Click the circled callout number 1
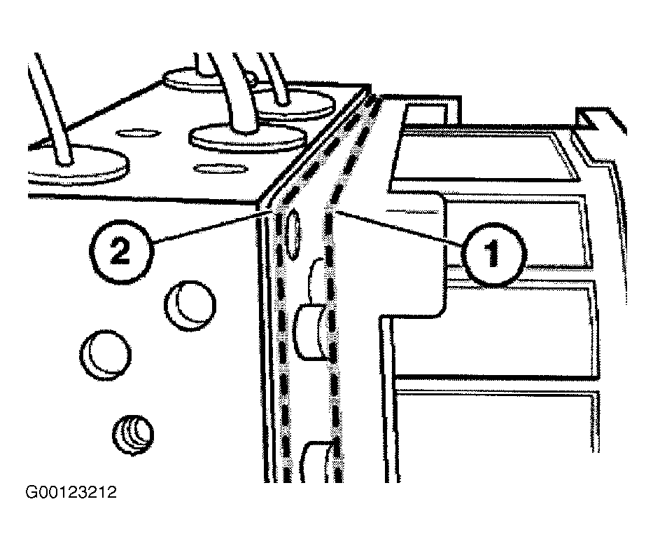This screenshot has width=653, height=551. point(494,254)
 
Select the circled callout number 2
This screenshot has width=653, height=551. point(121,252)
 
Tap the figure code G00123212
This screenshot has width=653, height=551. point(71,492)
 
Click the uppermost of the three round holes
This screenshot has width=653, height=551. point(190,306)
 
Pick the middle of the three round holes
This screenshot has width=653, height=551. point(106,355)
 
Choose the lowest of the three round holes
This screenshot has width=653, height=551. point(133,435)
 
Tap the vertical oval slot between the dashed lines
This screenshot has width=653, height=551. point(293,235)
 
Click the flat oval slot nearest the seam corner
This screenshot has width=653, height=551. point(220,168)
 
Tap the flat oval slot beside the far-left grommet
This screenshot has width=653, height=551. point(138,133)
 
